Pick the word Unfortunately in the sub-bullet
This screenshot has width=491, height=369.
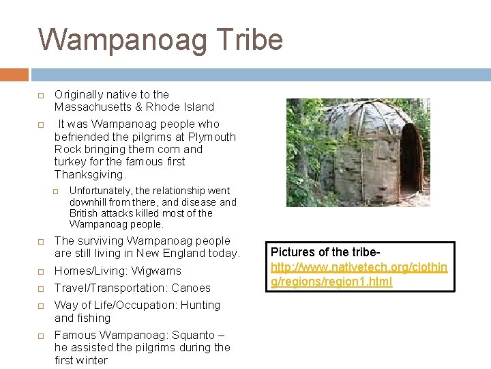coord(102,191)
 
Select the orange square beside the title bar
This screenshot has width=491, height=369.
coord(14,74)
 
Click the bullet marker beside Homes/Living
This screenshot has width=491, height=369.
coord(41,271)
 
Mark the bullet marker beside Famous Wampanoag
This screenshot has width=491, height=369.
coord(41,336)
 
